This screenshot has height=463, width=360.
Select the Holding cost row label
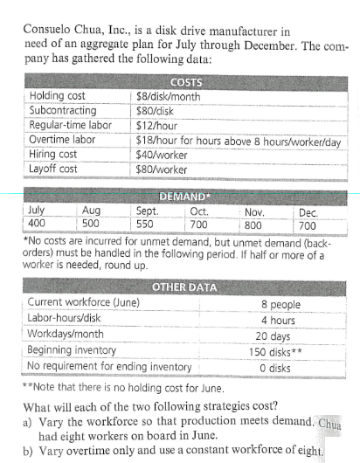59,96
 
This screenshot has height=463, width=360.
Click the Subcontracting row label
63,111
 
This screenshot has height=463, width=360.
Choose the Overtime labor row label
62,140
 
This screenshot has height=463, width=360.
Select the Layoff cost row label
54,168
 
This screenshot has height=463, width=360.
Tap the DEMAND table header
183,197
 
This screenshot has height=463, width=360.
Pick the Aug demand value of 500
90,224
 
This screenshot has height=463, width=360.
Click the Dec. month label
308,211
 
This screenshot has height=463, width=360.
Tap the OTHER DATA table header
183,287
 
